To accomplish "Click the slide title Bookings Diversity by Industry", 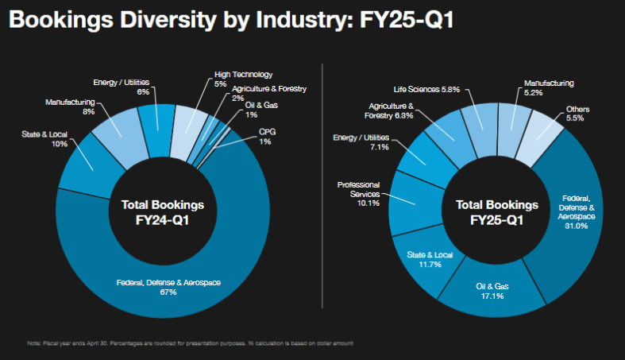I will (x=230, y=21).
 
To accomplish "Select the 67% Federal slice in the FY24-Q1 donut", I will (x=168, y=285).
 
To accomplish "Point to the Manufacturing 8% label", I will (x=70, y=106).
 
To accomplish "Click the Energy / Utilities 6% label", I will (x=122, y=86).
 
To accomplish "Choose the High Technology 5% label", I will (x=243, y=79).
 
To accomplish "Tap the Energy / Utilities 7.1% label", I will (x=359, y=142).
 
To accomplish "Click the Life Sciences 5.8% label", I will (x=426, y=89).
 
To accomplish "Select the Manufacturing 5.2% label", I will (x=548, y=87).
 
